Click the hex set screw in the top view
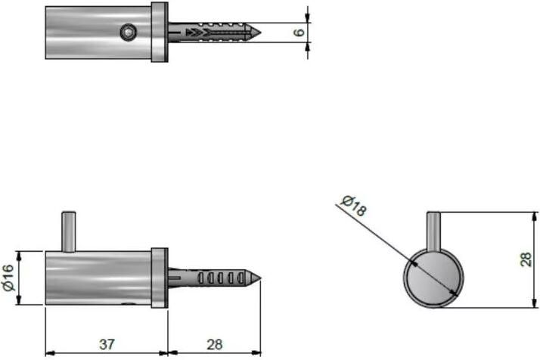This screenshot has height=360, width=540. point(129,33)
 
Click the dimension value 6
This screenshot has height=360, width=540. point(299,33)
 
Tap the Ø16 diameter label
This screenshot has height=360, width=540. point(8,278)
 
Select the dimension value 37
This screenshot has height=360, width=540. point(107,344)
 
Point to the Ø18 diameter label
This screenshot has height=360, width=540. point(354,206)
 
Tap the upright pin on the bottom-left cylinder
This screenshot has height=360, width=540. point(69,232)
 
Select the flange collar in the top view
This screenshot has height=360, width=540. point(160,32)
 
